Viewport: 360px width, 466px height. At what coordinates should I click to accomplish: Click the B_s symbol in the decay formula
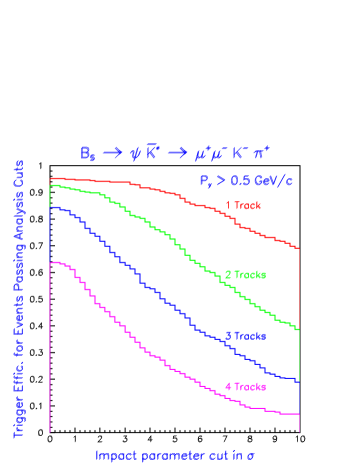pyautogui.click(x=91, y=154)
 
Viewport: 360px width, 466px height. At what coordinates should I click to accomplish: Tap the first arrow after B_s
pyautogui.click(x=116, y=153)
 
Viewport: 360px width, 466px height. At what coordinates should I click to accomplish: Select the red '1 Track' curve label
pyautogui.click(x=243, y=206)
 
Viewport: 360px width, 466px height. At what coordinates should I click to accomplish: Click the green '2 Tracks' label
pyautogui.click(x=245, y=274)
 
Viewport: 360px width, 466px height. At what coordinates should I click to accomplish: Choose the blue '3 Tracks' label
pyautogui.click(x=245, y=336)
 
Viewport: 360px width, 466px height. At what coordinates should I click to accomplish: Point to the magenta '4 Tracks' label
pyautogui.click(x=245, y=386)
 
